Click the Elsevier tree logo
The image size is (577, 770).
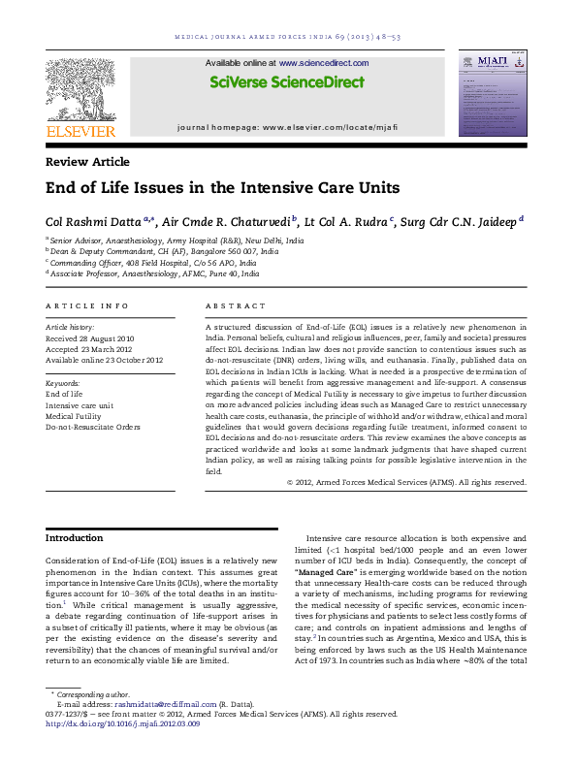tap(80, 88)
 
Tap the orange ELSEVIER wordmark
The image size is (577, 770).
tap(80, 132)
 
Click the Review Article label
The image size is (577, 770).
tap(87, 162)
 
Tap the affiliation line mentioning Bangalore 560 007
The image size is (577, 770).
tap(163, 250)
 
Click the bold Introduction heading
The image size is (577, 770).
tap(75, 538)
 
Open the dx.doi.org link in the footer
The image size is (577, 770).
tap(123, 722)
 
